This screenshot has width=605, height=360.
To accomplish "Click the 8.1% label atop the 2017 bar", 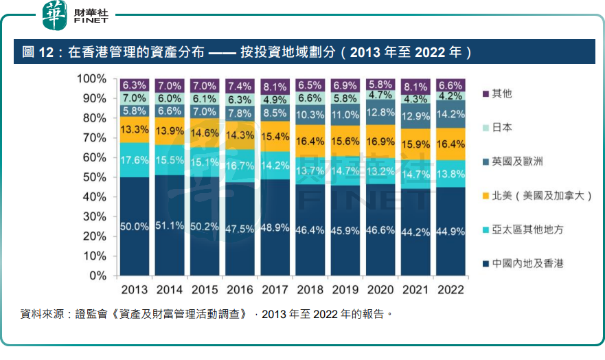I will [275, 87].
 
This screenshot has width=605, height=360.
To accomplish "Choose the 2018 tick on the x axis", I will [310, 289].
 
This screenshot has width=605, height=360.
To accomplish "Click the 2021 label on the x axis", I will [416, 289].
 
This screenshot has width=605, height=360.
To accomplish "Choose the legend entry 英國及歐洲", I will [518, 161].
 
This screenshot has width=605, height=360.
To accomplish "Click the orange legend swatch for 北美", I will [486, 196].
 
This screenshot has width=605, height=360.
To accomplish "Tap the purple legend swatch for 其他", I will [486, 93].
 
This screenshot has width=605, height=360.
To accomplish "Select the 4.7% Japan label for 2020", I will [381, 95].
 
